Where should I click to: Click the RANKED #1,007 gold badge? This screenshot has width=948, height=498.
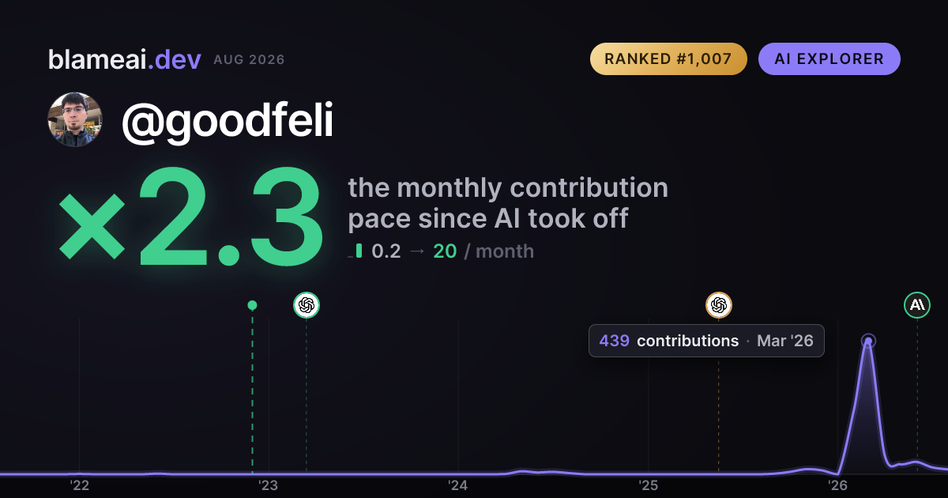click(668, 58)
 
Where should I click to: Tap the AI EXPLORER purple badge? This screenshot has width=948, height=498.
click(829, 58)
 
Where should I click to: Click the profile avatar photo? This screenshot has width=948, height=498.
click(75, 119)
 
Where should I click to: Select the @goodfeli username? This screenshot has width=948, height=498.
click(228, 120)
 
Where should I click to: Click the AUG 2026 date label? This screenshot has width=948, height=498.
click(249, 60)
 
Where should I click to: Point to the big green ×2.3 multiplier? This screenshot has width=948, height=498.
click(191, 217)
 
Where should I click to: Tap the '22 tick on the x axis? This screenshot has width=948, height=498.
click(79, 485)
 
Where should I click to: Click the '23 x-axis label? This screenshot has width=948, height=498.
click(269, 485)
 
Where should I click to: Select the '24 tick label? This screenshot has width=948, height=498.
click(458, 485)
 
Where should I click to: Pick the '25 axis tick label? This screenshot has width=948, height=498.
click(648, 485)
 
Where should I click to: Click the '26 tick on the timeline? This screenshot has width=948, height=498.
click(837, 485)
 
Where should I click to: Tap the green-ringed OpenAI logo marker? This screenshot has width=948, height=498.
click(307, 305)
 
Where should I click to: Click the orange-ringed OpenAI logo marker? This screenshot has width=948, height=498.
click(719, 305)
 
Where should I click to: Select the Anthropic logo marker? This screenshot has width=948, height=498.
click(917, 305)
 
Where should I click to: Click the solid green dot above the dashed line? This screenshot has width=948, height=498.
click(252, 305)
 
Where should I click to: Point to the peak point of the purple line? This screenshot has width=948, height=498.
click(868, 341)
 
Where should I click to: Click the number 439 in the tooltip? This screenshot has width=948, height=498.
click(614, 341)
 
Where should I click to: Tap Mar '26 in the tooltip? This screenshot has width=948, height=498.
click(785, 341)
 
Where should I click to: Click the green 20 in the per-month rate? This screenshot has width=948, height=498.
click(446, 251)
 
